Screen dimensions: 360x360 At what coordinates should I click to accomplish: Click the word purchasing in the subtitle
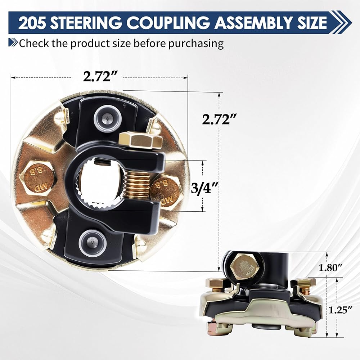(x=196, y=44)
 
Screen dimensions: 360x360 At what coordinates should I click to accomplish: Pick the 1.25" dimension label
(x=341, y=310)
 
